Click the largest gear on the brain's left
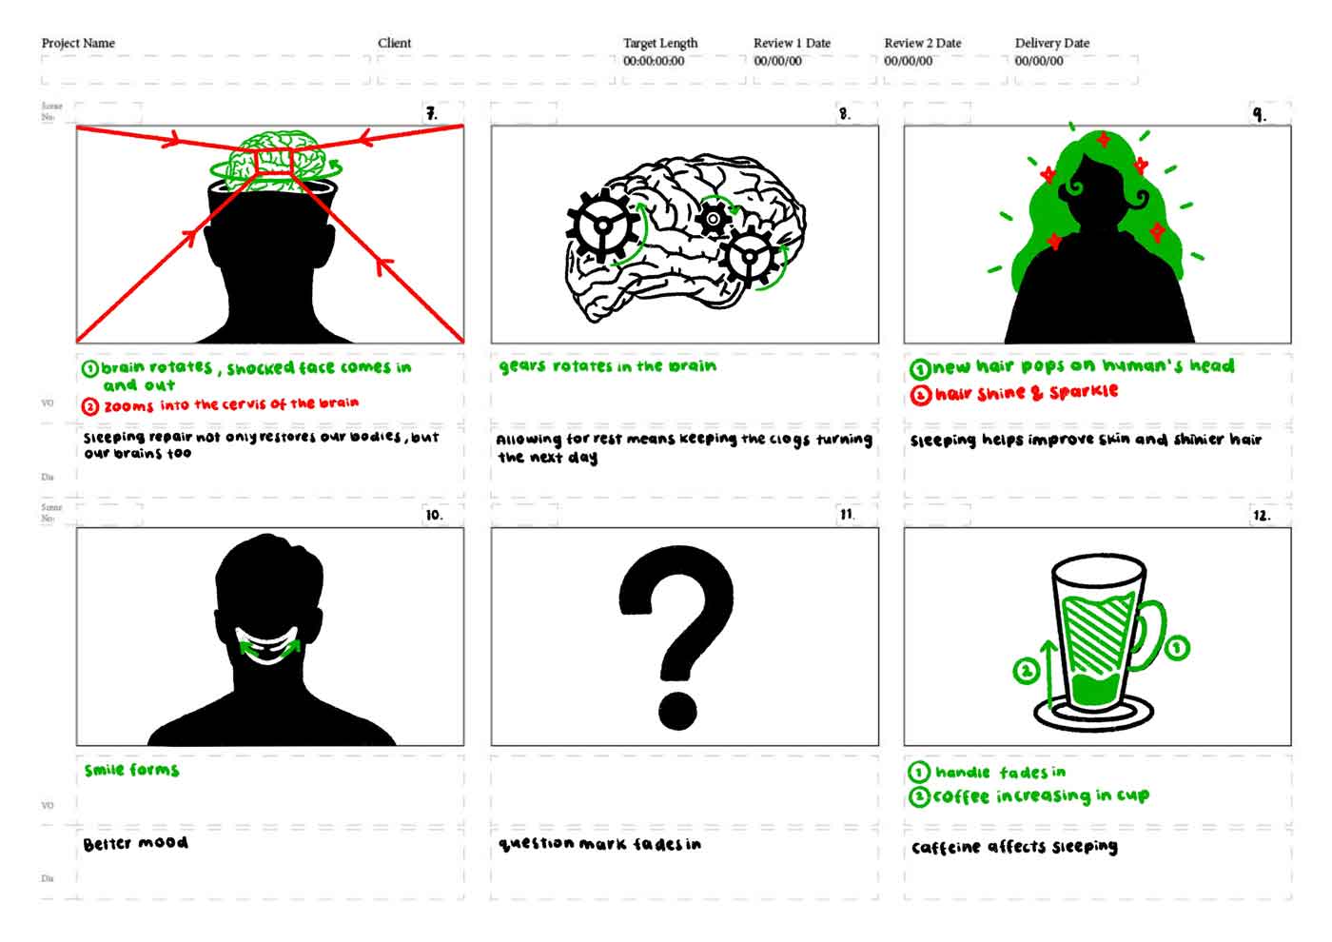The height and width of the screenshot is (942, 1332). [x=603, y=226]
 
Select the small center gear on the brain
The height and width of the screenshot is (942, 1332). [x=714, y=219]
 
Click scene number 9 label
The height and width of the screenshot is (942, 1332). [x=1259, y=114]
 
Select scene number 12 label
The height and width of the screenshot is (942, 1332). [x=1261, y=516]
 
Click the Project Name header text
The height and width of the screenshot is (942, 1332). [x=78, y=43]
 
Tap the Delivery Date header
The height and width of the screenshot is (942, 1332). [x=1051, y=43]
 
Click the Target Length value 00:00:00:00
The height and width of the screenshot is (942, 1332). [x=654, y=61]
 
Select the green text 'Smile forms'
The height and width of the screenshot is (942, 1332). [x=131, y=770]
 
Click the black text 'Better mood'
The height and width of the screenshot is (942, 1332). [x=135, y=843]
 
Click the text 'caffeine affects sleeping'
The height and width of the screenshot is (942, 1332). [x=1014, y=847]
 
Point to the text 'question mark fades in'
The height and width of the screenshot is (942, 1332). [x=599, y=844]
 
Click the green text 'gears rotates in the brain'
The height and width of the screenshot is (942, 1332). [x=607, y=366]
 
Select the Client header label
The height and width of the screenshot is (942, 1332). [x=394, y=43]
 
